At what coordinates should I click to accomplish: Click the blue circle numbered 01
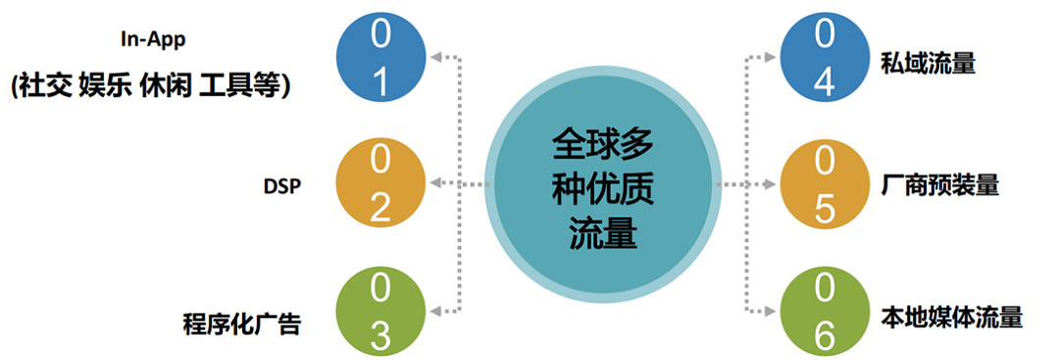pos(380,60)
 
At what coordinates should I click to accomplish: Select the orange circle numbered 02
pos(380,183)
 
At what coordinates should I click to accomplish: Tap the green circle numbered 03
pos(380,312)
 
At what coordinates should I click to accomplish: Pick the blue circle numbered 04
pos(824,60)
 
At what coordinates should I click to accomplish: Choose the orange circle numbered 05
pos(824,183)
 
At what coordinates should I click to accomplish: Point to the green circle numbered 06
pos(824,312)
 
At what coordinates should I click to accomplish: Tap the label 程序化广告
pos(241,322)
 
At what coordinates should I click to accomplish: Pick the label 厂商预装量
pos(940,184)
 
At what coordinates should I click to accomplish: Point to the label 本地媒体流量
pos(952,317)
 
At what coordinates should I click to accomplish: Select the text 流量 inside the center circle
pos(601,233)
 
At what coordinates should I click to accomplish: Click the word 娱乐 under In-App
pos(105,85)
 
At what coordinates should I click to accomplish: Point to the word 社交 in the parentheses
pos(46,85)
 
